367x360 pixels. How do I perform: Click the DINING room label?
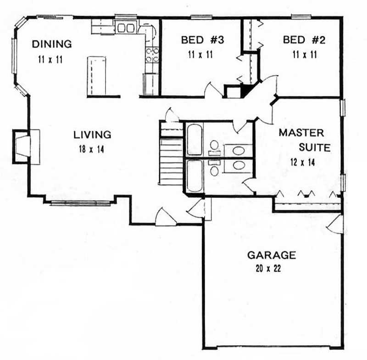[x=52, y=44]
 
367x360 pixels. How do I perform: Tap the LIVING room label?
[x=92, y=135]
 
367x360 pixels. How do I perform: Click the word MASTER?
[x=301, y=133]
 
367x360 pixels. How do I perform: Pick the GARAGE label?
[x=272, y=255]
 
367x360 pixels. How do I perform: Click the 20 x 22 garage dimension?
[x=268, y=268]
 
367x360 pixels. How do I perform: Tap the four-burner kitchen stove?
[x=152, y=55]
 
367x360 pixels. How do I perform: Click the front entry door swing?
[x=165, y=217]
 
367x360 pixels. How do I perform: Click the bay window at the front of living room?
[x=80, y=202]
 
